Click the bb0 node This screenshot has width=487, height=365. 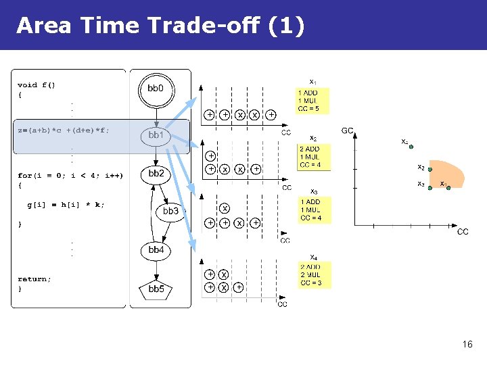point(156,89)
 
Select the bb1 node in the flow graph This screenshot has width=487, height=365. point(156,135)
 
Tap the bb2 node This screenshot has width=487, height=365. point(156,174)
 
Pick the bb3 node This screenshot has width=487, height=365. point(170,212)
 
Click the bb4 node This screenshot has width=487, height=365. point(156,250)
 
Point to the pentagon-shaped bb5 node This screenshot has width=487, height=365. point(156,289)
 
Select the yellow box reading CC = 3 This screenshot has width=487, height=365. point(315,274)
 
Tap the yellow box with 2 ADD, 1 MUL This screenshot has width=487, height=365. point(315,157)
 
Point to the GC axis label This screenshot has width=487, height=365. point(347,130)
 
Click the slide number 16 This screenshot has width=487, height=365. point(467,345)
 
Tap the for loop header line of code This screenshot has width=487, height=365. point(70,175)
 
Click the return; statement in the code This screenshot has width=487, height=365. point(34,279)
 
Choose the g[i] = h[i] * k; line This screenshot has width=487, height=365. point(66,204)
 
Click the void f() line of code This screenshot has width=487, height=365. point(37,85)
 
